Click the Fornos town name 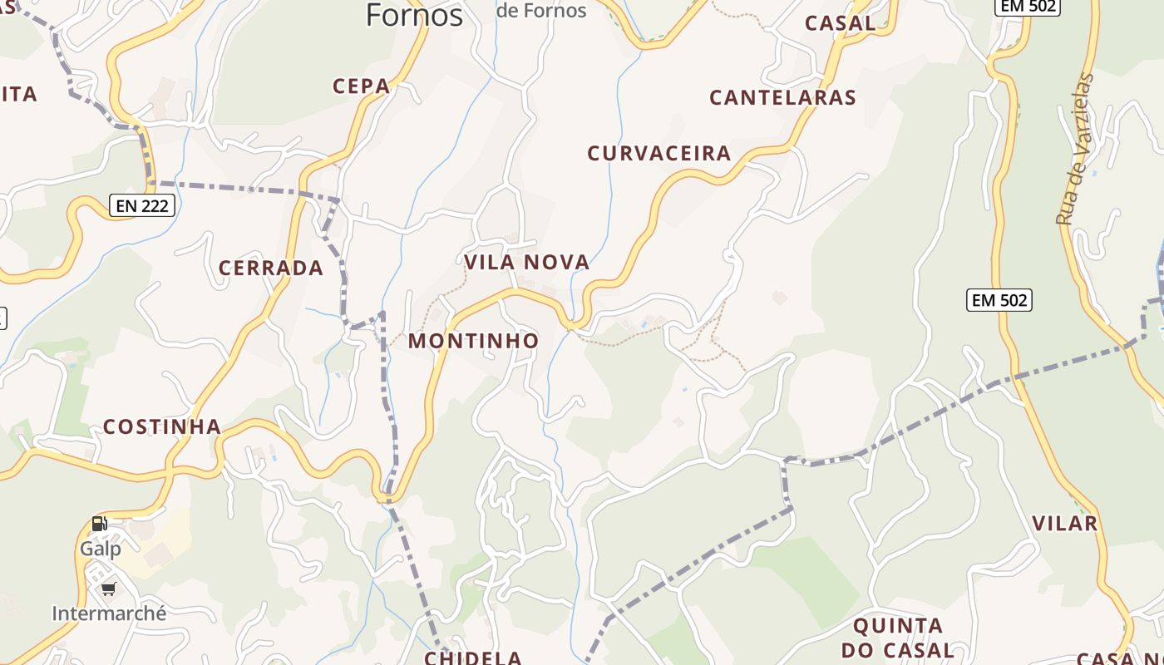tap(414, 15)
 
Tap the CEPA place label tap(362, 86)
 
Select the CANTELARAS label tap(782, 97)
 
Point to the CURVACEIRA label tap(659, 153)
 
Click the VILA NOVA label tap(527, 263)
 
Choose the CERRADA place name tap(271, 268)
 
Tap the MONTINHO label tap(473, 341)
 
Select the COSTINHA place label tap(162, 427)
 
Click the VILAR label tap(1065, 523)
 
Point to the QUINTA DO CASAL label tap(898, 638)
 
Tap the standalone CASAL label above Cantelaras tap(841, 23)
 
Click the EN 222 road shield tap(142, 206)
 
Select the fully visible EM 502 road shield tap(999, 300)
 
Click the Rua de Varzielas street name tap(1075, 150)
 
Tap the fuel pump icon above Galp tap(100, 524)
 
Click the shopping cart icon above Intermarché tap(108, 589)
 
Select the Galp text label tap(101, 549)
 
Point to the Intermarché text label tap(109, 613)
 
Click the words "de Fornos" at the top tap(541, 11)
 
